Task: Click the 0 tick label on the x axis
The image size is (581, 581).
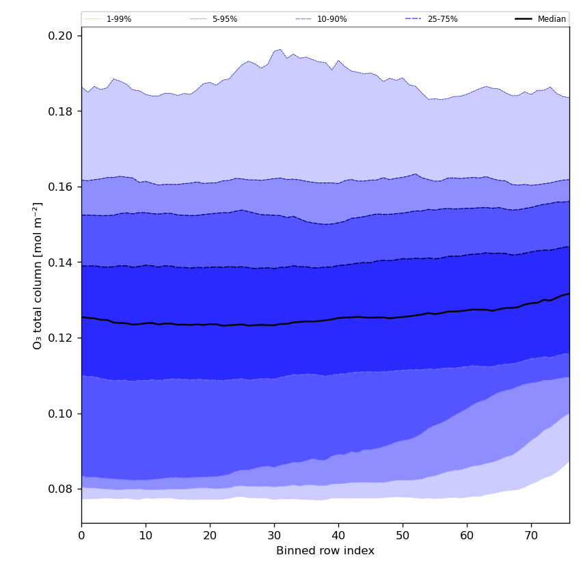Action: pos(81,537)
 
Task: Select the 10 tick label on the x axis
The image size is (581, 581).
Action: pos(146,537)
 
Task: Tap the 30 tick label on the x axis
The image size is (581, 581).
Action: pos(274,537)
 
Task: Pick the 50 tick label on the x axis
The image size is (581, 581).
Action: pos(403,537)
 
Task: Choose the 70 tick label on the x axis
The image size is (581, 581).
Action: pos(531,537)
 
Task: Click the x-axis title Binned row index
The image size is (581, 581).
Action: pos(325,551)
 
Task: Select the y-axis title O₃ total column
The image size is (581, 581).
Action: pos(38,275)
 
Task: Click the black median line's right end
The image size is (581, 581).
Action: pos(569,294)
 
